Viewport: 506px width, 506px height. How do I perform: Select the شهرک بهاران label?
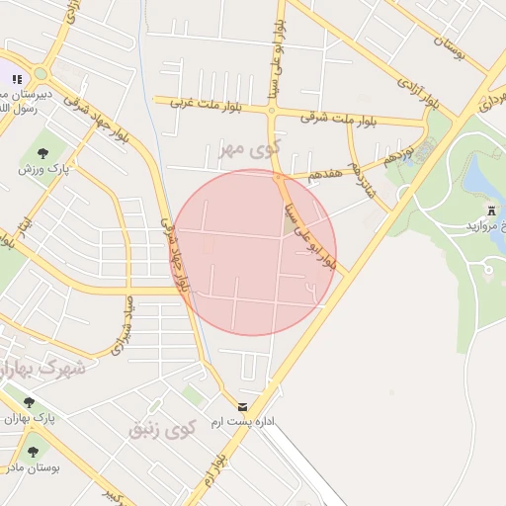coord(43,369)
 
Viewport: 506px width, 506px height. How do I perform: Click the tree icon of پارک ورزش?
coord(43,152)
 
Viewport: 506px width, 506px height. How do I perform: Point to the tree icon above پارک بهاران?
coord(28,403)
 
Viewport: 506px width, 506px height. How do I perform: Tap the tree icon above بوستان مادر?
coord(33,452)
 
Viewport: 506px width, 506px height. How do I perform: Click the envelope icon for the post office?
coord(243,407)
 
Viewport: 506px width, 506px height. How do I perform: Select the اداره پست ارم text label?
coord(280,421)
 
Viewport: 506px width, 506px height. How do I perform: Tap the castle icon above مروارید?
coord(491,211)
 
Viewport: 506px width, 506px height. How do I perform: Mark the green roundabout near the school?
coord(41,74)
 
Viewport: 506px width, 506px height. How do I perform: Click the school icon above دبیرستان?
coord(16,79)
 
